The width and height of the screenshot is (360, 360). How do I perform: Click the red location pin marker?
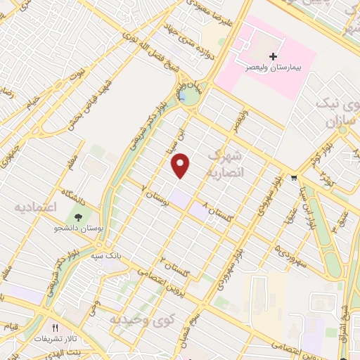pos(181,165)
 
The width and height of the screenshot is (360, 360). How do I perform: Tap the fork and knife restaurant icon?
pos(55,328)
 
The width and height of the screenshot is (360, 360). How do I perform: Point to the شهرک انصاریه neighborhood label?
pos(224,162)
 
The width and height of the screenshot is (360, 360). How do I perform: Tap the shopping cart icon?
pos(292,179)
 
